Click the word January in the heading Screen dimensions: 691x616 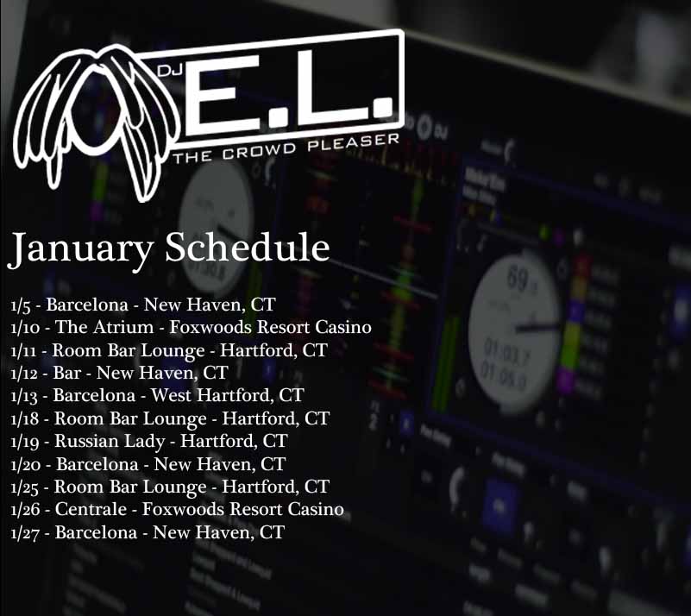[x=80, y=249]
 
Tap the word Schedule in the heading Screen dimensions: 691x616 [x=248, y=246]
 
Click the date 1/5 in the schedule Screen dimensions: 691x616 [x=21, y=305]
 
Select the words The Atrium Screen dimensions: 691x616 [x=104, y=327]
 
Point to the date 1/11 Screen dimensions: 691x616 [x=23, y=351]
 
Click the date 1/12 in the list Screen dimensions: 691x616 [x=24, y=374]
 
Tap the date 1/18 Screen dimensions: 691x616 [x=25, y=418]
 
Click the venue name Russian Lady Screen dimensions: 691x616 [x=110, y=442]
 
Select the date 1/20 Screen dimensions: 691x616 [x=26, y=464]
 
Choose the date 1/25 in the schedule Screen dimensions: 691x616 [x=25, y=487]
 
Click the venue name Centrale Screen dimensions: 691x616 [x=91, y=509]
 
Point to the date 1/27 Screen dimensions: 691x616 [x=25, y=533]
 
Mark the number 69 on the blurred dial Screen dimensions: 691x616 [x=518, y=278]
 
